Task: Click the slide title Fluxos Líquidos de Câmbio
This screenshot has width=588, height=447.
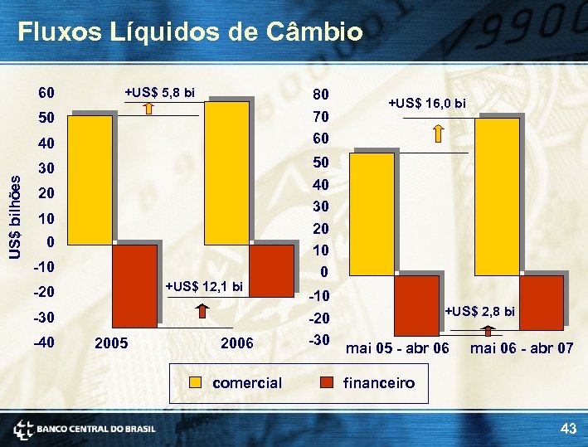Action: tap(190, 32)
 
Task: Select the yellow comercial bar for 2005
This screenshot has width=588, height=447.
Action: tap(89, 178)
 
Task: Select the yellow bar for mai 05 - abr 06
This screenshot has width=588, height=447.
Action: tap(374, 213)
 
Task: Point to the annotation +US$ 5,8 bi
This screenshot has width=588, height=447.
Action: tap(159, 92)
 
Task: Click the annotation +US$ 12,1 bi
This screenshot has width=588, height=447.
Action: tap(204, 287)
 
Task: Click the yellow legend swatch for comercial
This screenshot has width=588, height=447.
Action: tap(196, 383)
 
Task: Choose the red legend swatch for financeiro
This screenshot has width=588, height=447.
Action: tap(327, 383)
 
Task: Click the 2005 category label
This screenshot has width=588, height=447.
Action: tap(111, 343)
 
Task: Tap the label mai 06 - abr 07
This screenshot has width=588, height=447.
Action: tap(521, 348)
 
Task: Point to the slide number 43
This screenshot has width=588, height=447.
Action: tap(568, 428)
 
